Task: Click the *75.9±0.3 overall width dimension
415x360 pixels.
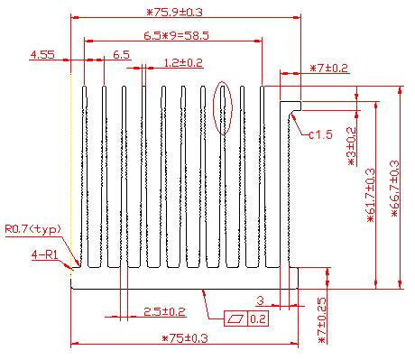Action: [174, 13]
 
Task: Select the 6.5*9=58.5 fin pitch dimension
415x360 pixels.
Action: [176, 36]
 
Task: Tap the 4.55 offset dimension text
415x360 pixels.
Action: [42, 55]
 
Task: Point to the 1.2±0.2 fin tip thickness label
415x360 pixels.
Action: [183, 63]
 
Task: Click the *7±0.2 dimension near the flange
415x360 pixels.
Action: [328, 68]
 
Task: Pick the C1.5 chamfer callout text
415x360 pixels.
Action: [321, 134]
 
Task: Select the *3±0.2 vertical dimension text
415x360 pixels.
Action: [351, 146]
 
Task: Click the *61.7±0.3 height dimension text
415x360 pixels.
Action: [371, 196]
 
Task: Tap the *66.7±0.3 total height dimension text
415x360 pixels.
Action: [394, 189]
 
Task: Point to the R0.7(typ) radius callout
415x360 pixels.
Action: [32, 229]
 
